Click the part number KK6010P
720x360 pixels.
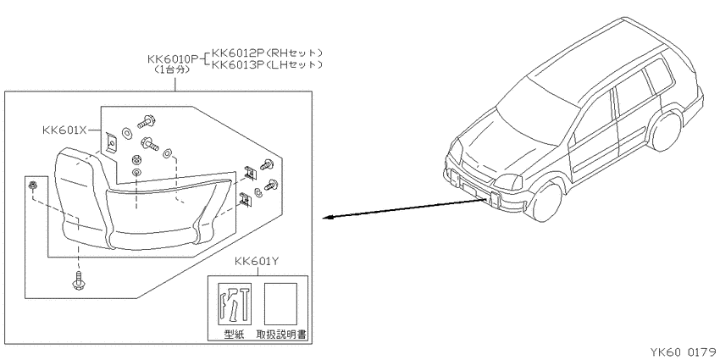(173, 59)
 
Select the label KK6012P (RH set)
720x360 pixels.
(267, 53)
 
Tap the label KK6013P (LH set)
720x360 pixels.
(267, 64)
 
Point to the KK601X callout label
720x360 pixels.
(64, 130)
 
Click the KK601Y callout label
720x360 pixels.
(257, 262)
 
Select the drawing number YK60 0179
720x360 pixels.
(683, 352)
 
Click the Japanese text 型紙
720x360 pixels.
(234, 335)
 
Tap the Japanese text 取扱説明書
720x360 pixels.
(280, 335)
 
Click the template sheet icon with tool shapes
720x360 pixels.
(235, 303)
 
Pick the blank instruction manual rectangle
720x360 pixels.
(280, 303)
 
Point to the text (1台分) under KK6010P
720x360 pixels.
(172, 69)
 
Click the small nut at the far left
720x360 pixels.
(32, 186)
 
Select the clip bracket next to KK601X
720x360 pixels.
(110, 142)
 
